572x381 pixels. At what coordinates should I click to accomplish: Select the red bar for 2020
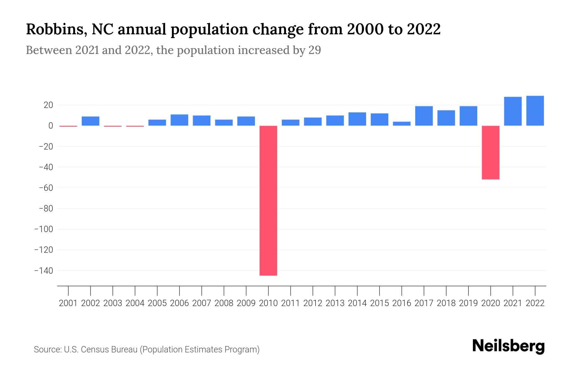click(x=491, y=153)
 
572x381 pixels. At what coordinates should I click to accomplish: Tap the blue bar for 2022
click(x=535, y=111)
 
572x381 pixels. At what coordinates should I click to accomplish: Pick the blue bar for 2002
click(x=91, y=121)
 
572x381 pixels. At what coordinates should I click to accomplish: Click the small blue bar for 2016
click(x=402, y=124)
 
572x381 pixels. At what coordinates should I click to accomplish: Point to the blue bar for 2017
click(x=424, y=116)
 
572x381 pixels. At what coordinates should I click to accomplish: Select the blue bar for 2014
click(x=357, y=119)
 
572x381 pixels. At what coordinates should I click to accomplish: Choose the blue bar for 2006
click(x=180, y=120)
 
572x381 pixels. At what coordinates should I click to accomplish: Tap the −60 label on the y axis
click(x=46, y=188)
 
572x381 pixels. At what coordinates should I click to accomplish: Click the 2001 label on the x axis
click(x=68, y=303)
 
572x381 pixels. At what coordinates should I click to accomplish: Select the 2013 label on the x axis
click(x=335, y=303)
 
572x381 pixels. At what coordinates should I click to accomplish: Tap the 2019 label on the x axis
click(x=468, y=303)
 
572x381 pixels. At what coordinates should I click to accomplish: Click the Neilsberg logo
click(x=508, y=346)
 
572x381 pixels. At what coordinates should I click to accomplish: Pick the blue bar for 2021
click(x=513, y=111)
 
